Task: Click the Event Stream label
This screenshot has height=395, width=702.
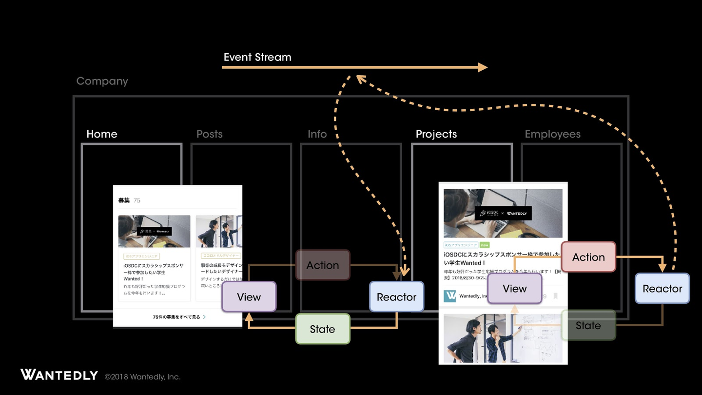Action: [x=257, y=57]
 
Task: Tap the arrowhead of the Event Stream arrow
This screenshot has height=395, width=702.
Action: [x=483, y=67]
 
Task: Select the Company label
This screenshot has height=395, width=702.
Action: [x=102, y=81]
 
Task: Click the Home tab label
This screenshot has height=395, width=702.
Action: [x=102, y=134]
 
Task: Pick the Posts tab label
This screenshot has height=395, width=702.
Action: [x=209, y=134]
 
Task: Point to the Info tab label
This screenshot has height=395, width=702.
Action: [x=317, y=134]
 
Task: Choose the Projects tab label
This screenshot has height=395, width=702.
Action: [x=436, y=134]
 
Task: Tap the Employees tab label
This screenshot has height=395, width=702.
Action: [x=552, y=134]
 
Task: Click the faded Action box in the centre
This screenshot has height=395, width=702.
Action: [x=323, y=265]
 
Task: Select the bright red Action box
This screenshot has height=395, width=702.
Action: [x=588, y=257]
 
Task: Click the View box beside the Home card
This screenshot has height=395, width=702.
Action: [x=249, y=297]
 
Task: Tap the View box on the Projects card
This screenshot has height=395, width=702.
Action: [x=514, y=289]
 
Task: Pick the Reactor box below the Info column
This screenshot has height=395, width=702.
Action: [x=396, y=297]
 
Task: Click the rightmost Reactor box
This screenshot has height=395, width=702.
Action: [x=662, y=289]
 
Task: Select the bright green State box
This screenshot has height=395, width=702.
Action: [x=323, y=329]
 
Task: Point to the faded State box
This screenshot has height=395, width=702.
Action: [x=588, y=325]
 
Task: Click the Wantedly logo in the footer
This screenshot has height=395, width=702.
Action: [x=59, y=375]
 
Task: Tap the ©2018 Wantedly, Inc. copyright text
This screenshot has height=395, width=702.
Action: [x=142, y=376]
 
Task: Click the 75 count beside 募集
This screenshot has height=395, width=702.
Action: [x=137, y=200]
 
